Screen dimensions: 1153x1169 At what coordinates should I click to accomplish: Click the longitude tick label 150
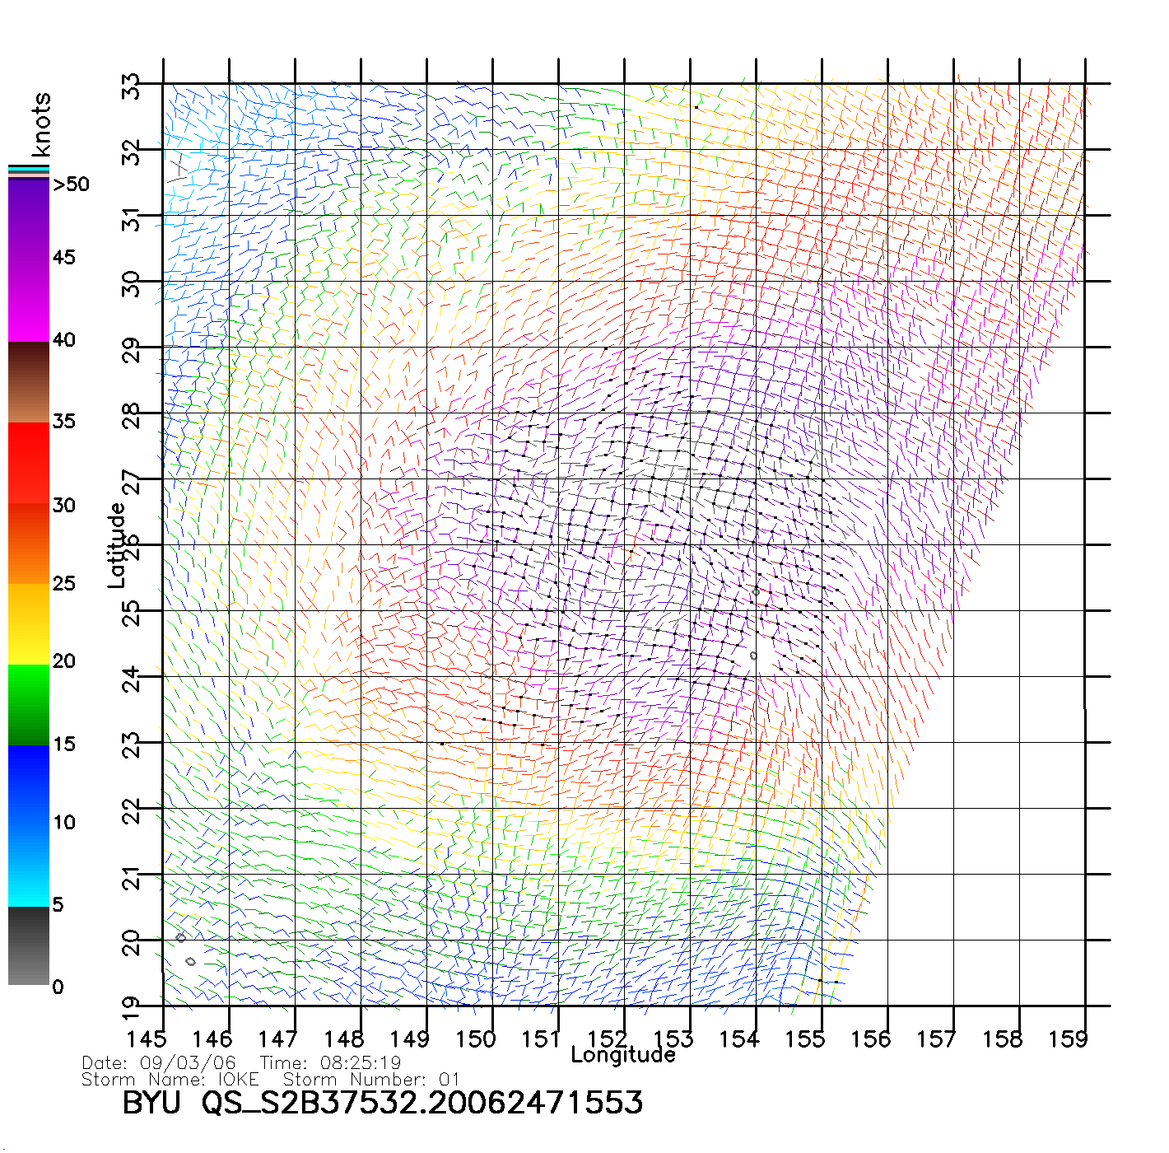tap(475, 1039)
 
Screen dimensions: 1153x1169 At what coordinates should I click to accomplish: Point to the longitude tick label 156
tap(870, 1039)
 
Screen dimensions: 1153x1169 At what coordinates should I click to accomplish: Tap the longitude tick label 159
tap(1068, 1039)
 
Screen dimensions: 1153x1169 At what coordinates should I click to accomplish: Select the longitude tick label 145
tap(146, 1039)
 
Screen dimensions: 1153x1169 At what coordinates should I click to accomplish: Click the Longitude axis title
tap(623, 1055)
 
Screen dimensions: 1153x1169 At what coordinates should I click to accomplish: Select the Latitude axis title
tap(117, 545)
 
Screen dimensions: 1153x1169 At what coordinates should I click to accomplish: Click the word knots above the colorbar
tap(41, 124)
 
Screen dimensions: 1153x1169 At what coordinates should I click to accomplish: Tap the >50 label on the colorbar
tap(71, 184)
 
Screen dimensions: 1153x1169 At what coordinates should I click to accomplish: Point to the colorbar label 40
tap(64, 339)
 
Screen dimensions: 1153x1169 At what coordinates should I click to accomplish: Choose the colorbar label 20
tap(64, 661)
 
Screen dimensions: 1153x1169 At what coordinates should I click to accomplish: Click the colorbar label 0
tap(58, 987)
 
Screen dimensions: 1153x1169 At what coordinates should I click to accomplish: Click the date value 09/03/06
tap(188, 1063)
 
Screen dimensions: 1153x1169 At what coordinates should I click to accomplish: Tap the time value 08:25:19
tap(361, 1063)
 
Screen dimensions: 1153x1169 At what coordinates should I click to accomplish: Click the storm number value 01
tap(449, 1079)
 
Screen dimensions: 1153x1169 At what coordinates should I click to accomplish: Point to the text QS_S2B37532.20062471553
tap(422, 1103)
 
